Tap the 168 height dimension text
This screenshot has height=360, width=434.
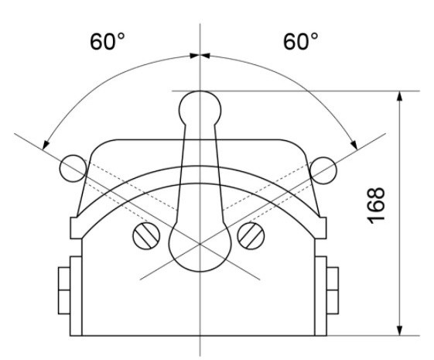click(377, 205)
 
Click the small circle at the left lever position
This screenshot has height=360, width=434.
click(72, 166)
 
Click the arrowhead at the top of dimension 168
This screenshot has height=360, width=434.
click(400, 96)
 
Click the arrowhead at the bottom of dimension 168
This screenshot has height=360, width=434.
click(400, 331)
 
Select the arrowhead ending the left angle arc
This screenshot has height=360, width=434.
click(46, 145)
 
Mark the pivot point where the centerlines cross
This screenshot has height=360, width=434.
click(200, 244)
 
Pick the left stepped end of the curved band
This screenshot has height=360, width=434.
click(77, 226)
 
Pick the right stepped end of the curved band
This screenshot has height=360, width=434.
click(322, 226)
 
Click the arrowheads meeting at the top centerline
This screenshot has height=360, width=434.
click(200, 55)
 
